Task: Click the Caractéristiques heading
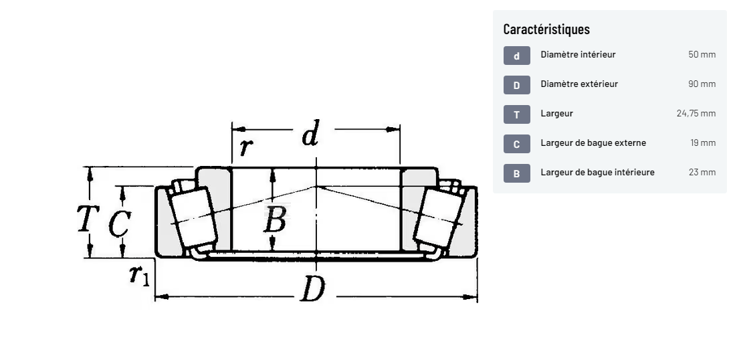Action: (546, 29)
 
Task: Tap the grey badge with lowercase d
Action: (516, 56)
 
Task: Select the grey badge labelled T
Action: (516, 114)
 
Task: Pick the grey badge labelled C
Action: (516, 144)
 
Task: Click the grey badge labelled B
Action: (516, 173)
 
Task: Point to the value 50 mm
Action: (702, 54)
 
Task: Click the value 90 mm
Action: (702, 84)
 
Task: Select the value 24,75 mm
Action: (696, 113)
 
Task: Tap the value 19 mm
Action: (703, 143)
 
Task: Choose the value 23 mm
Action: (702, 172)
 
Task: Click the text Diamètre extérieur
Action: (579, 84)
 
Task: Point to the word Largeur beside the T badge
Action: (556, 113)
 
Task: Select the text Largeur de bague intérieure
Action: (597, 172)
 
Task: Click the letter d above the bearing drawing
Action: (310, 134)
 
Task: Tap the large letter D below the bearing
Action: (312, 289)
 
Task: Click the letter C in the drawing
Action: (119, 223)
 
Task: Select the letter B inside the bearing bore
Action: (275, 219)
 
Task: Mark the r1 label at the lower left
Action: (139, 274)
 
